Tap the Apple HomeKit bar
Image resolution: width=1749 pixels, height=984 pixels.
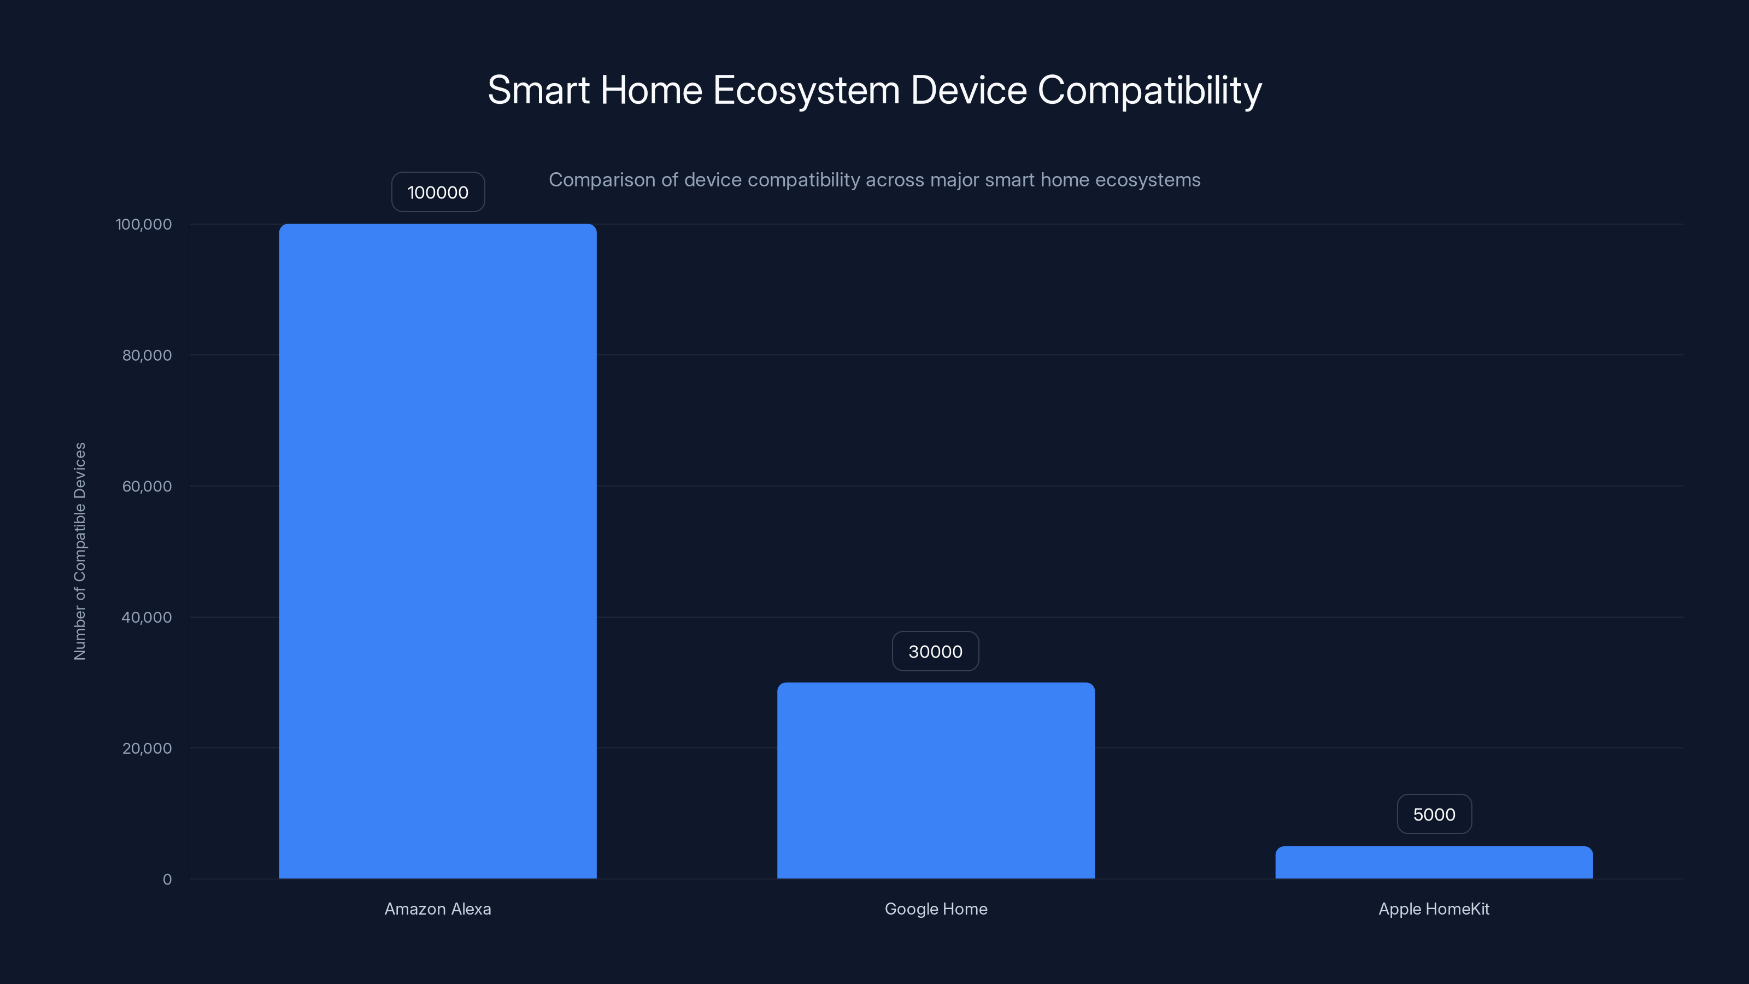coord(1434,863)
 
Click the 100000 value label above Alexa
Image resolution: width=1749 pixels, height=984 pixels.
coord(438,192)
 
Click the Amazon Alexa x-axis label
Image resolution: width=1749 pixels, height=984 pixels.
coord(438,909)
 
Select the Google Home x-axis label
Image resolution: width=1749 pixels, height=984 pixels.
coord(936,909)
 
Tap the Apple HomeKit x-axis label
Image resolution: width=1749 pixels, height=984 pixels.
coord(1434,909)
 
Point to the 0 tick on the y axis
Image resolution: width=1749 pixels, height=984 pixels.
coord(167,880)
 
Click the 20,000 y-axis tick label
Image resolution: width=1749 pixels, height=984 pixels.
coord(146,748)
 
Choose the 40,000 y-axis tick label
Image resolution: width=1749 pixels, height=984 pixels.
coord(146,617)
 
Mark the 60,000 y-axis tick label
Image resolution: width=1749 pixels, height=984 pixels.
coord(146,486)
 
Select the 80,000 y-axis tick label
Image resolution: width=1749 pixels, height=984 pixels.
coord(146,355)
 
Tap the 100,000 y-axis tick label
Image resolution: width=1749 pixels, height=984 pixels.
coord(144,224)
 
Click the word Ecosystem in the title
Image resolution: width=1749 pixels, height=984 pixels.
coord(806,90)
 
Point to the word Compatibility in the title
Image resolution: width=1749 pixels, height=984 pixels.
coord(1149,90)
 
